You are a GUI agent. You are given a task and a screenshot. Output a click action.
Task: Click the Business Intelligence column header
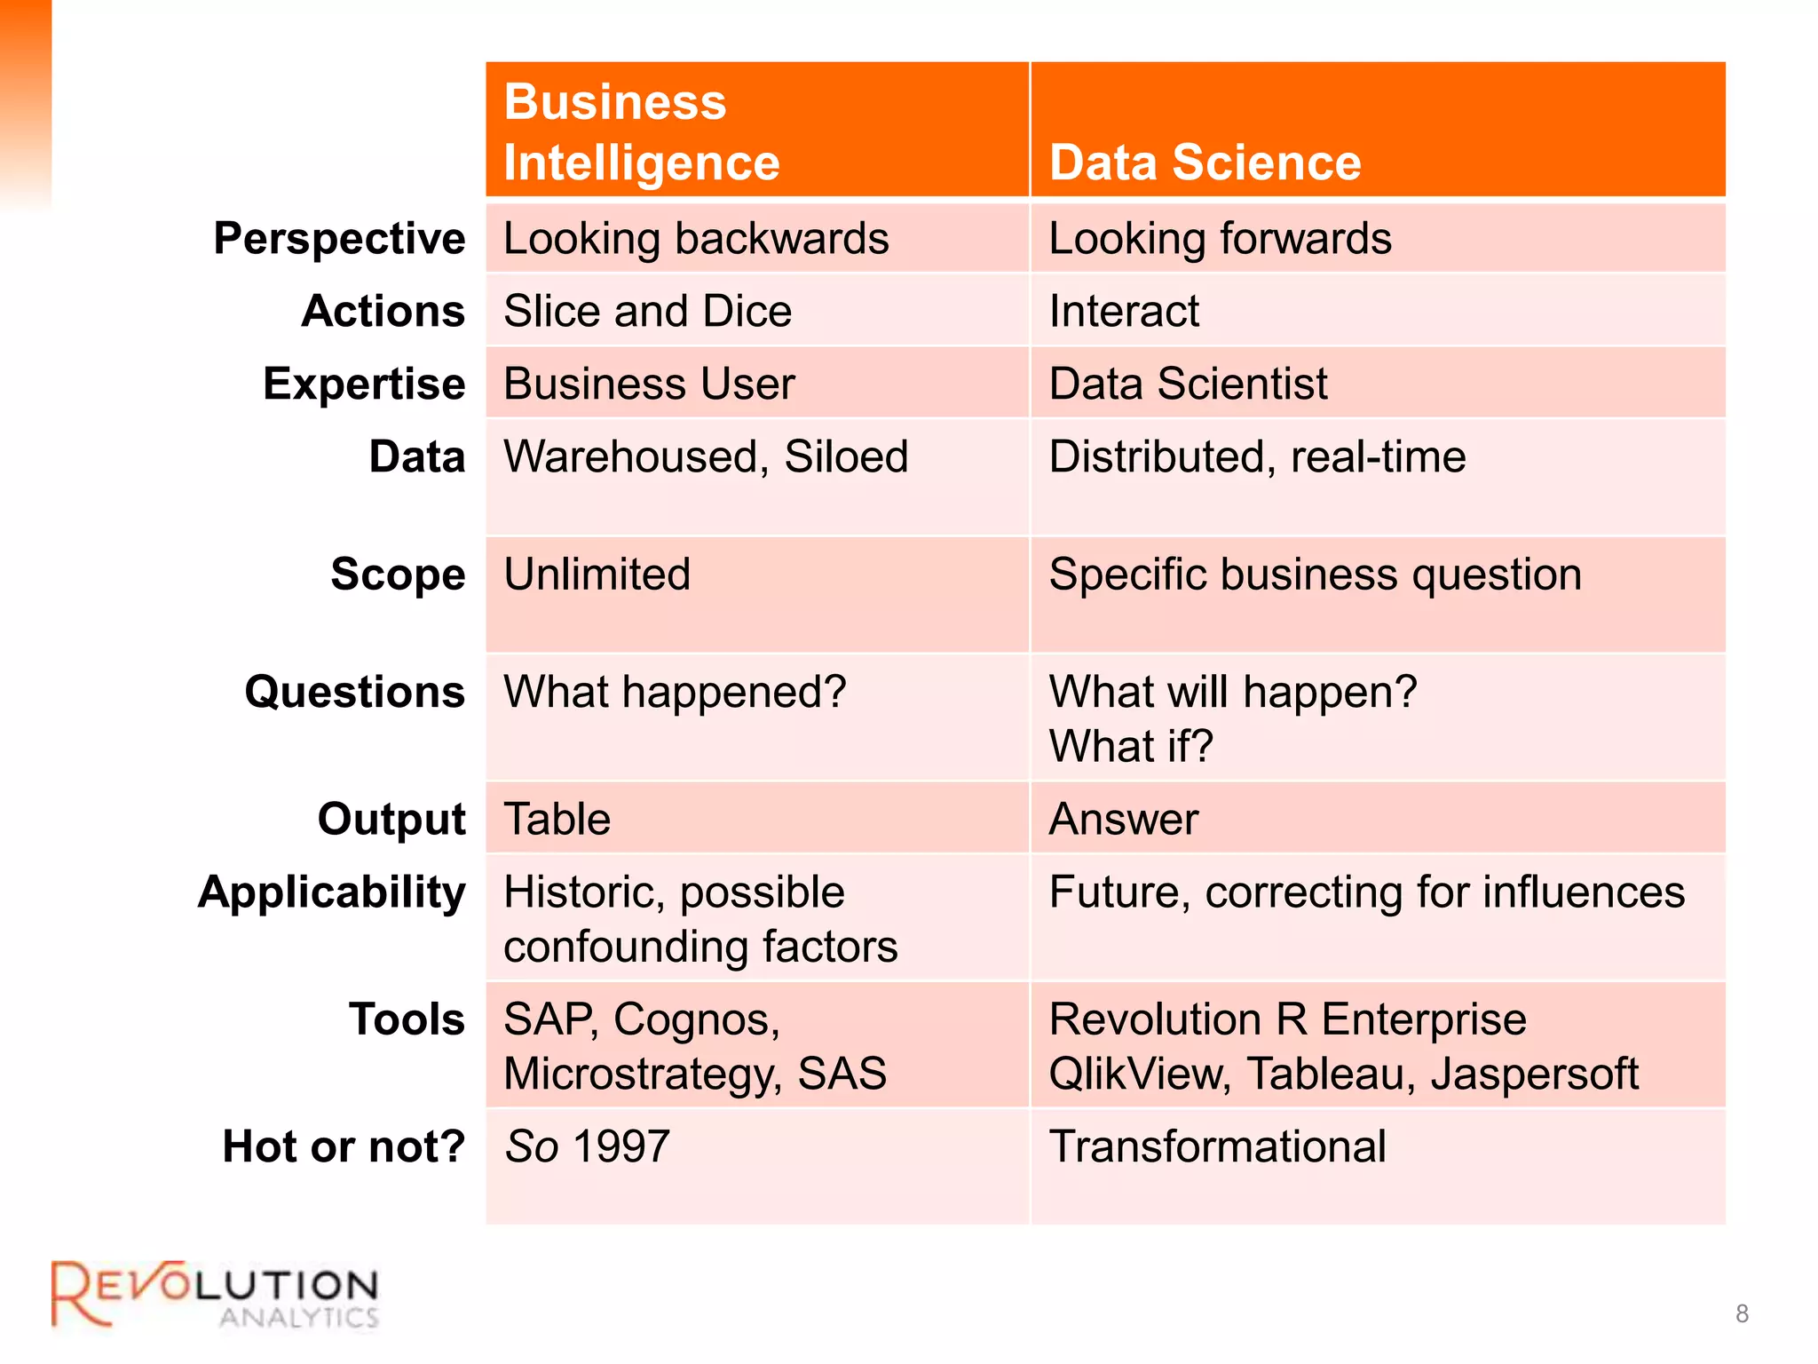pos(641,131)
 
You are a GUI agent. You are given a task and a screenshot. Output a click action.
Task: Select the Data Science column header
pos(1205,163)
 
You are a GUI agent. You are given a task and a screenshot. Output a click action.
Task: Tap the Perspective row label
pos(339,239)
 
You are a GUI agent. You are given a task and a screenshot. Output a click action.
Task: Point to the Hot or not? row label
pos(344,1146)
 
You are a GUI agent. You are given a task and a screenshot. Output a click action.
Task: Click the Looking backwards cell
pos(696,239)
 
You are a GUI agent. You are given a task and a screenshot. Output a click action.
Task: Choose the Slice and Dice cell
pos(647,312)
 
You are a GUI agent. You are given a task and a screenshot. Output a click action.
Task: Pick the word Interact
pos(1124,312)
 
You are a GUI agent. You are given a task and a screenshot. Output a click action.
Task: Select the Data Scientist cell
pos(1188,385)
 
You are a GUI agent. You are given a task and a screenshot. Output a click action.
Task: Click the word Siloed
pos(846,457)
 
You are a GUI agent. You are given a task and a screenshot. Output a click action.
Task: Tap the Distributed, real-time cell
pos(1257,457)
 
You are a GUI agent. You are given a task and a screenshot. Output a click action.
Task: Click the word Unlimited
pos(597,575)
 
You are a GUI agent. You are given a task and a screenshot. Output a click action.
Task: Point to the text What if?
pos(1130,746)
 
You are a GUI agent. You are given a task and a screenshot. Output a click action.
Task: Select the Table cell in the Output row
pos(557,819)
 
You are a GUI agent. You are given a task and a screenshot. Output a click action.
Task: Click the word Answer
pos(1123,819)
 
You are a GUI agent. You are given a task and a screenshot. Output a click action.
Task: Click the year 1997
pos(621,1146)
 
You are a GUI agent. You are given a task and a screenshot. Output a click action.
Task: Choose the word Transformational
pos(1217,1146)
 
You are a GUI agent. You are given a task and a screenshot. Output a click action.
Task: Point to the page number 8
pos(1742,1313)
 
